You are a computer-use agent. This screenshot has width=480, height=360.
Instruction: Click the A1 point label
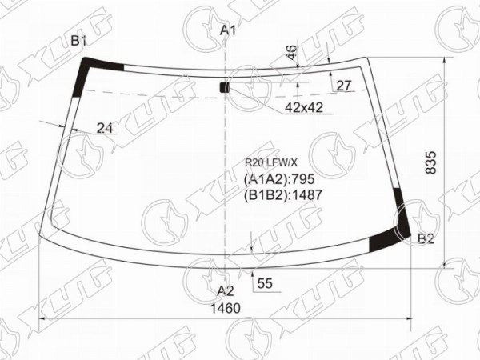(x=228, y=30)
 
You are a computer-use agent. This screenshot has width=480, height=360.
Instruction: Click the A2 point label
(x=226, y=291)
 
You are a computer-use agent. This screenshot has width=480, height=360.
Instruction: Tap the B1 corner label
(x=78, y=41)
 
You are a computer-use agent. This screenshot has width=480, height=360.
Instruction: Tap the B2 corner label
(x=426, y=238)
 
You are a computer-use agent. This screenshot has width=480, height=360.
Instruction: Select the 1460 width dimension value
(x=226, y=308)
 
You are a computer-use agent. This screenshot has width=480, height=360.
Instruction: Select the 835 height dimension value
(x=430, y=162)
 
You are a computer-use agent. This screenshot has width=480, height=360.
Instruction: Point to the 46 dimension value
(x=292, y=52)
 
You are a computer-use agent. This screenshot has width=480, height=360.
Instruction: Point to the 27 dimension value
(x=344, y=86)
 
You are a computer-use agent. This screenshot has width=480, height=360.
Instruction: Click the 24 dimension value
(x=105, y=128)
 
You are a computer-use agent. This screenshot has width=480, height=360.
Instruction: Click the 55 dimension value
(x=265, y=283)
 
